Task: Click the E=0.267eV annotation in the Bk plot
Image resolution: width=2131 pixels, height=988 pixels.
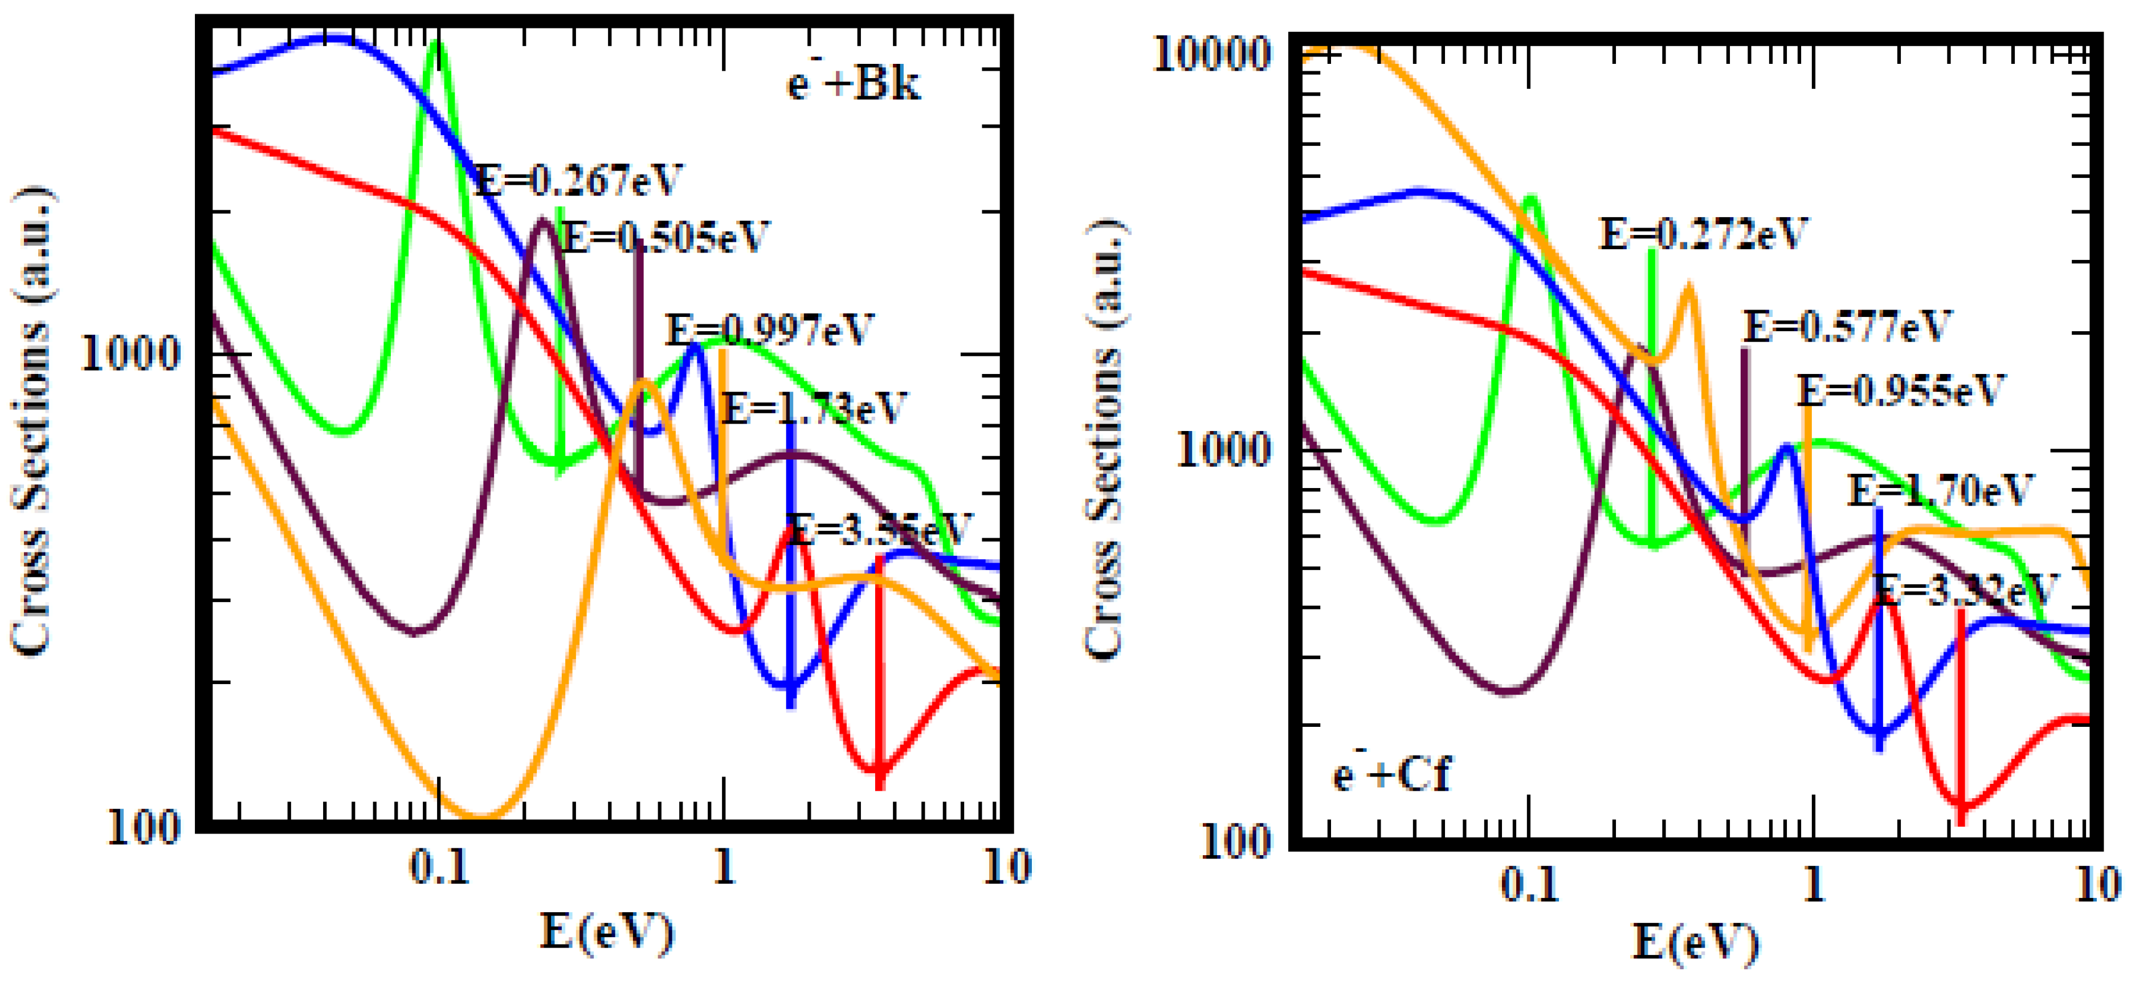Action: pyautogui.click(x=579, y=180)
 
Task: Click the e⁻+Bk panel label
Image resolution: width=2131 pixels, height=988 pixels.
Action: pyautogui.click(x=852, y=84)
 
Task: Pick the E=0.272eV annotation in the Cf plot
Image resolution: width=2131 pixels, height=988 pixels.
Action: pyautogui.click(x=1703, y=234)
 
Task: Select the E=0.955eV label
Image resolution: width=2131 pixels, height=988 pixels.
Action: pyautogui.click(x=1900, y=391)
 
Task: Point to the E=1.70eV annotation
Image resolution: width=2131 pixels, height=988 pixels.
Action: pyautogui.click(x=1940, y=491)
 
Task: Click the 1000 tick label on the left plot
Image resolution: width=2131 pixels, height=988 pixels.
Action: pyautogui.click(x=130, y=354)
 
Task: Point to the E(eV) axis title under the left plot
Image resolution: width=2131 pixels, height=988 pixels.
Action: pyautogui.click(x=606, y=933)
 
